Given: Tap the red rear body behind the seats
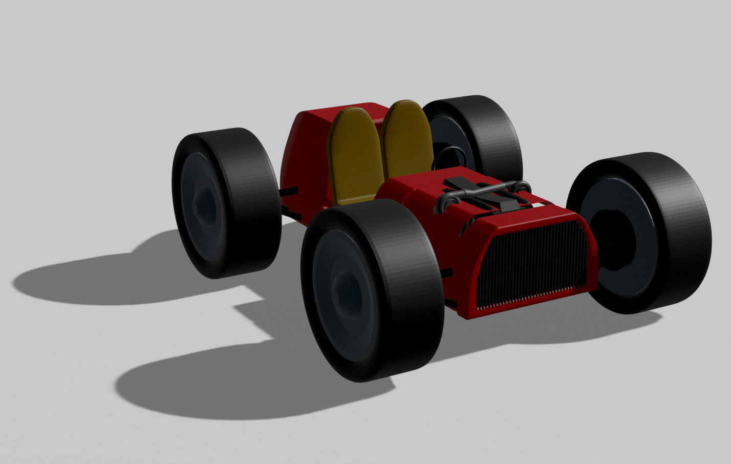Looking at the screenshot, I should (x=307, y=149).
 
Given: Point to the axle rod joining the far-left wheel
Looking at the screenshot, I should (x=289, y=192).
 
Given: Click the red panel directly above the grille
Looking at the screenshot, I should (x=522, y=215).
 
